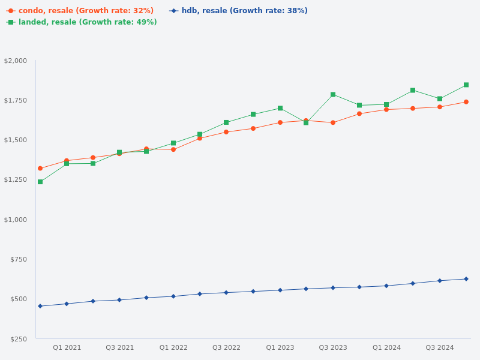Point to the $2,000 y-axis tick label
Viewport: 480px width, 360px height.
16,61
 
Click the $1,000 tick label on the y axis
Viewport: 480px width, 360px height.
16,220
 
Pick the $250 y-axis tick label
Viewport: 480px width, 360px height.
18,339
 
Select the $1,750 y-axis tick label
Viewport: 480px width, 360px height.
16,100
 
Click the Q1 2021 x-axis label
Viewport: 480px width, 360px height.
67,347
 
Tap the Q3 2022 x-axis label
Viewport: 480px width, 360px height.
226,347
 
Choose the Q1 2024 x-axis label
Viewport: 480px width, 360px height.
386,347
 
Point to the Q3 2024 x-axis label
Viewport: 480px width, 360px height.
440,347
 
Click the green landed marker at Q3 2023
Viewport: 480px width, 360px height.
333,94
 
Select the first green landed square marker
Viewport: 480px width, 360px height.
40,182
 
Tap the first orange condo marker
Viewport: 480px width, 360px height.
40,169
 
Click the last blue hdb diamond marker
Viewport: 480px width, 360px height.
466,279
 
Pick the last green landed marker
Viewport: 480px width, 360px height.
466,85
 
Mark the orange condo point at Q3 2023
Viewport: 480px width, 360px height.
333,122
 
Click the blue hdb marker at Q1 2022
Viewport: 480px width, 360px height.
173,296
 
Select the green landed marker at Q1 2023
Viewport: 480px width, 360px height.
280,108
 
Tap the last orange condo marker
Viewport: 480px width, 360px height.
466,102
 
